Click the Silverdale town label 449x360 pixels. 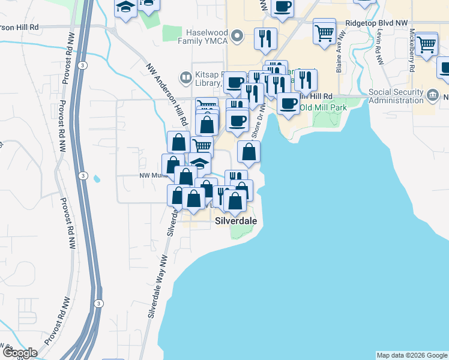(x=236, y=221)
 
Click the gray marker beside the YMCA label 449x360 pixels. (x=238, y=37)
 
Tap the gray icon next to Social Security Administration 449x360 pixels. (x=432, y=95)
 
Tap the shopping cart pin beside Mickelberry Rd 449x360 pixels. (x=426, y=43)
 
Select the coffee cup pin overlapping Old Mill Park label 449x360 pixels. (x=288, y=103)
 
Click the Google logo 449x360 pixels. (x=19, y=352)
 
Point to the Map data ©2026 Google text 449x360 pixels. (x=412, y=355)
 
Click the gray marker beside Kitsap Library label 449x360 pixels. (x=185, y=78)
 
